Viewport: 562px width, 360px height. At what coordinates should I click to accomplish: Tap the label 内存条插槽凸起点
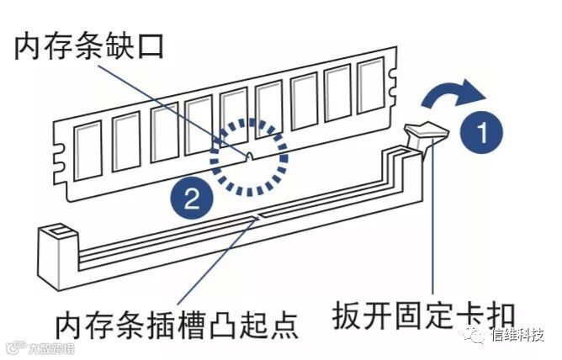point(176,324)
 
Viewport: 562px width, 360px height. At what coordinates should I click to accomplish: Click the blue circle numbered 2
point(192,199)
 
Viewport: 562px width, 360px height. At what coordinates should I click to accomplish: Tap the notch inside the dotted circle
point(250,156)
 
